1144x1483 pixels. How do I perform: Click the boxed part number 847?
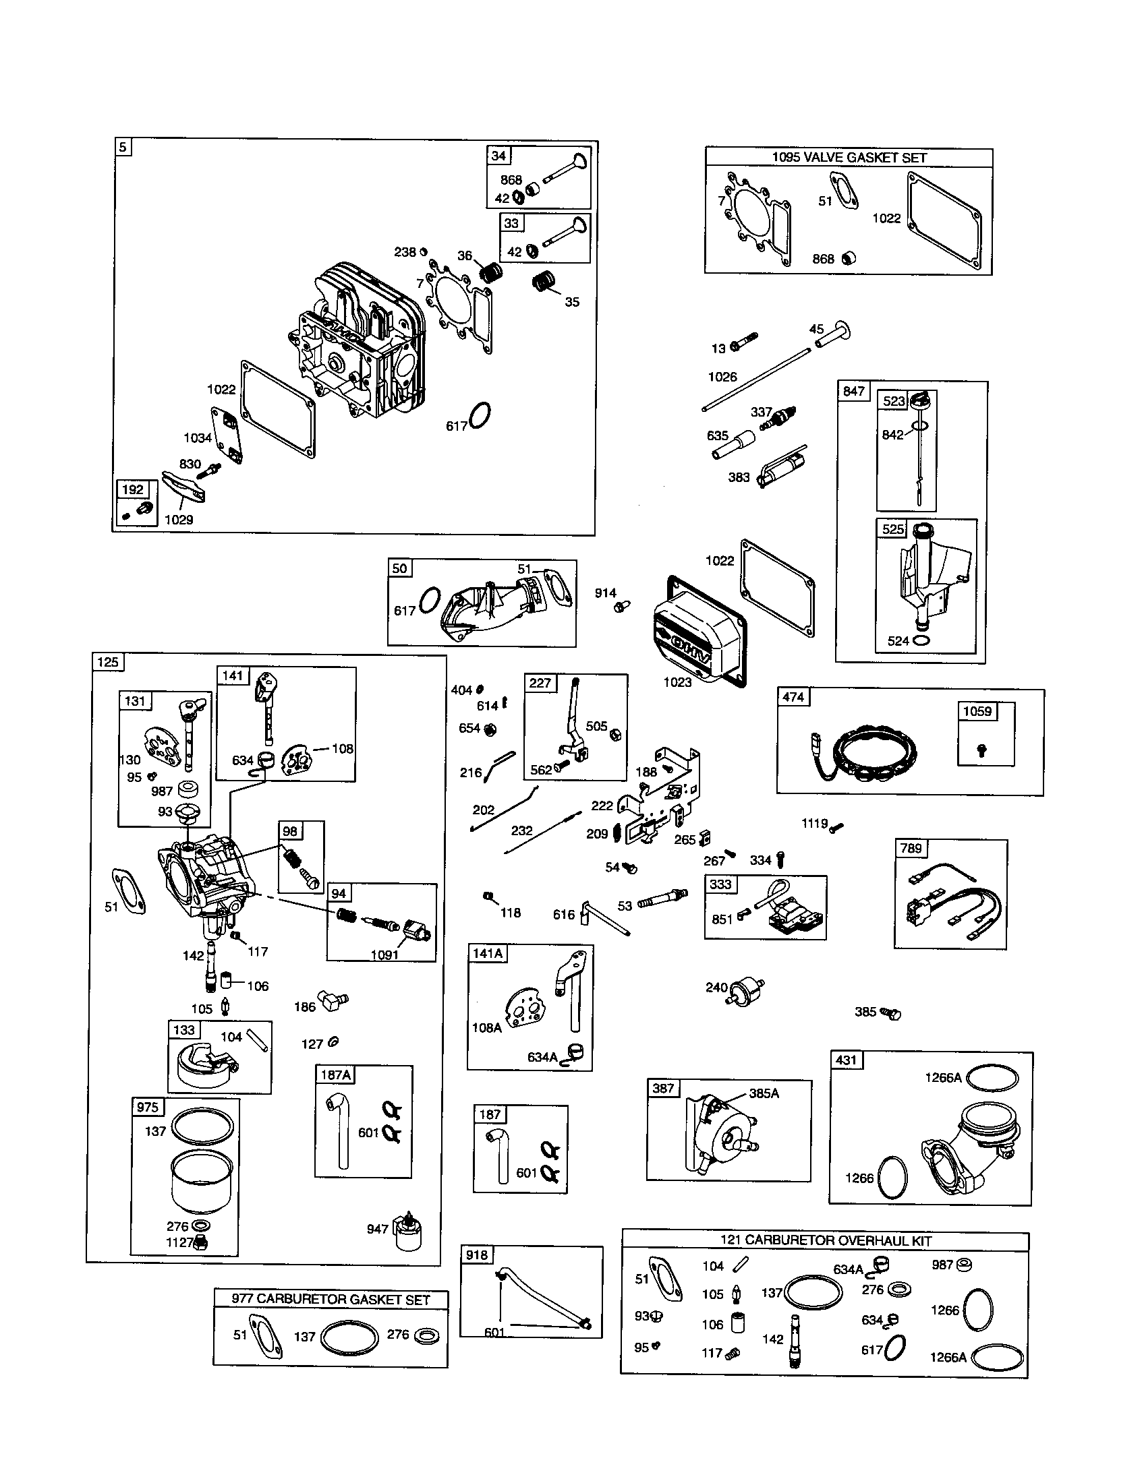[854, 391]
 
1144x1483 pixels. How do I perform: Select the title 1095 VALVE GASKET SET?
[849, 158]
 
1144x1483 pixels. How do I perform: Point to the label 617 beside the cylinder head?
[456, 426]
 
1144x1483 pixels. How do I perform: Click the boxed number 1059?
[977, 712]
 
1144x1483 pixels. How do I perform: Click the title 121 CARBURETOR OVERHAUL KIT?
[826, 1240]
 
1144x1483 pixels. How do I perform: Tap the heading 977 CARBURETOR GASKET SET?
[331, 1299]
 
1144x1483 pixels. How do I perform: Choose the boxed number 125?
[108, 662]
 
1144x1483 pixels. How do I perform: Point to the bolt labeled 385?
[890, 1012]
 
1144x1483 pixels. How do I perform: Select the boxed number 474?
[793, 697]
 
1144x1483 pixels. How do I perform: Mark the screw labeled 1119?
[837, 826]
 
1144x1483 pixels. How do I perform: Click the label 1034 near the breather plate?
[197, 438]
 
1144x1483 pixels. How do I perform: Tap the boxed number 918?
[476, 1255]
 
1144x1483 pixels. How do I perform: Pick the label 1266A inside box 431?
[943, 1078]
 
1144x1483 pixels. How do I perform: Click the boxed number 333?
[720, 884]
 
